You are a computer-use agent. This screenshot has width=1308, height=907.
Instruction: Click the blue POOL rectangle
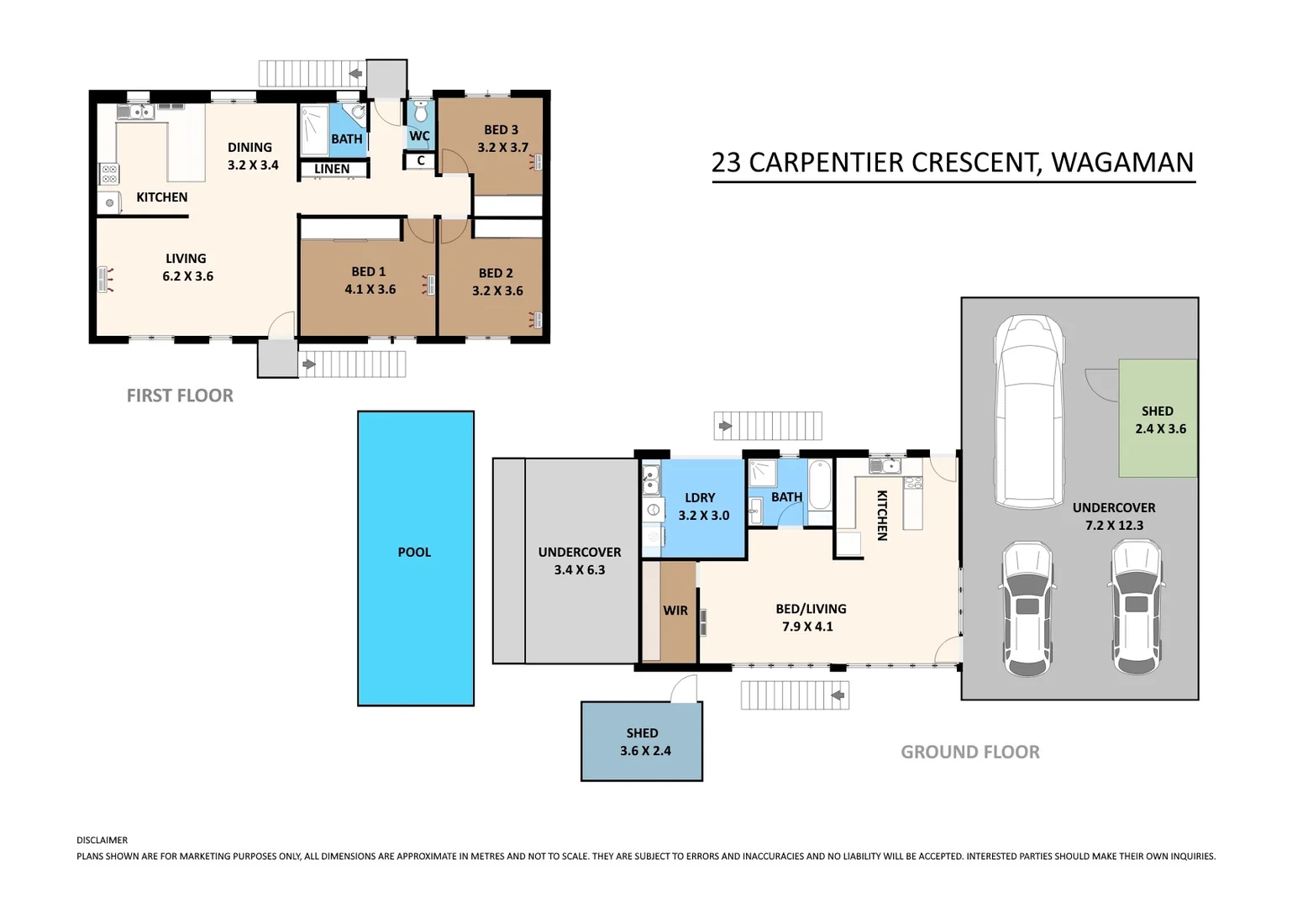pyautogui.click(x=416, y=558)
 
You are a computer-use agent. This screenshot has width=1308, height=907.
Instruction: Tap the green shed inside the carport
pyautogui.click(x=1158, y=418)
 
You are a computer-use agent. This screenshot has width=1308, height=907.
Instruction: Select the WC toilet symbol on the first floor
pyautogui.click(x=420, y=112)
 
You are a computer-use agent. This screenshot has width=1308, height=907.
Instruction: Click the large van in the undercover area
pyautogui.click(x=1029, y=412)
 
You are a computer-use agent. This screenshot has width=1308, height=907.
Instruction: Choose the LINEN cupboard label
pyautogui.click(x=332, y=170)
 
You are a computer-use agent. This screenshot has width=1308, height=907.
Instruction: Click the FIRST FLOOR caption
pyautogui.click(x=180, y=396)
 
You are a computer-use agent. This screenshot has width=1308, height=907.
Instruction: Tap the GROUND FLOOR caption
pyautogui.click(x=970, y=752)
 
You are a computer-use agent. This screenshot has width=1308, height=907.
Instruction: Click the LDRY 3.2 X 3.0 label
pyautogui.click(x=703, y=506)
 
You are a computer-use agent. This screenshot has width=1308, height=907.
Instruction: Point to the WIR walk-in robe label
pyautogui.click(x=675, y=611)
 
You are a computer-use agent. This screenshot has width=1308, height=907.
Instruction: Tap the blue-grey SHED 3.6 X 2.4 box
pyautogui.click(x=642, y=742)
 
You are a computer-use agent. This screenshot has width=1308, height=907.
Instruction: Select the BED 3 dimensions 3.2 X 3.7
pyautogui.click(x=502, y=148)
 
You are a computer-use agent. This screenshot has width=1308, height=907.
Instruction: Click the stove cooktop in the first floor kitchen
pyautogui.click(x=108, y=174)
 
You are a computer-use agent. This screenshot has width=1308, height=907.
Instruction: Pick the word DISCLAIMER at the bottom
pyautogui.click(x=102, y=840)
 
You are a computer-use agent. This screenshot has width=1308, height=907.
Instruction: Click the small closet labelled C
pyautogui.click(x=420, y=161)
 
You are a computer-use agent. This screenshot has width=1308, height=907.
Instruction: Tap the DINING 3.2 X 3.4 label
pyautogui.click(x=252, y=156)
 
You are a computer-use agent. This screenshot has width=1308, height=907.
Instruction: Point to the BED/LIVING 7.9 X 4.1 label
pyautogui.click(x=810, y=617)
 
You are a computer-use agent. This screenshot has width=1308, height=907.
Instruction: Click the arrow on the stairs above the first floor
pyautogui.click(x=355, y=74)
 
